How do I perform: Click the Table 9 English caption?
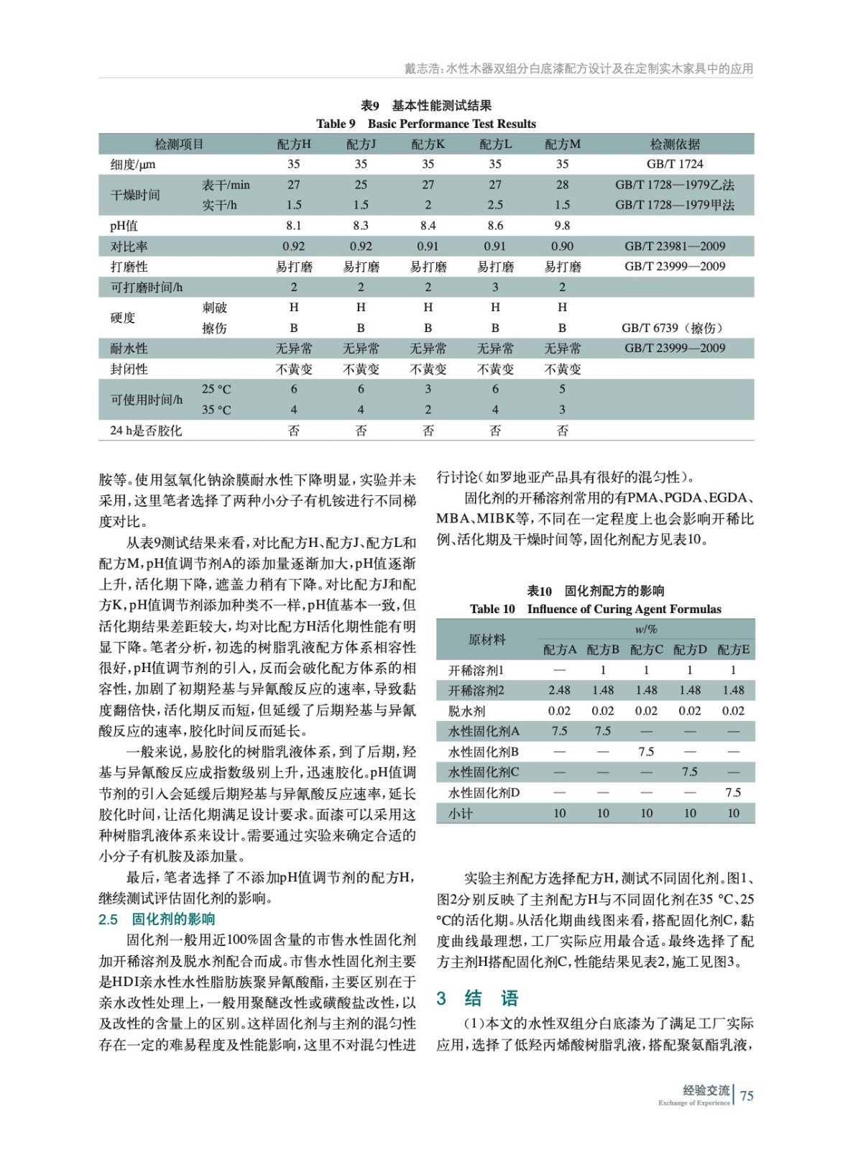pyautogui.click(x=426, y=124)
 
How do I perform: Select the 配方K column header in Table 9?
pyautogui.click(x=428, y=144)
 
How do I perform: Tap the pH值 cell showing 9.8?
pyautogui.click(x=562, y=226)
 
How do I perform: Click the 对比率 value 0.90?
pyautogui.click(x=562, y=247)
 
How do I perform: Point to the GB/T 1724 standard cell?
pyautogui.click(x=675, y=165)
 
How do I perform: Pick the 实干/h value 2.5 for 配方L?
pyautogui.click(x=495, y=206)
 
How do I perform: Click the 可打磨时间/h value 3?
pyautogui.click(x=495, y=287)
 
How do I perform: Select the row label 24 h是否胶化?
pyautogui.click(x=146, y=431)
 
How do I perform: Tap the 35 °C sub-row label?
pyautogui.click(x=216, y=410)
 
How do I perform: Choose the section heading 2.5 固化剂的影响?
pyautogui.click(x=157, y=919)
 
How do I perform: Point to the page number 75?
pyautogui.click(x=747, y=1095)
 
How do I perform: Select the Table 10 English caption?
pyautogui.click(x=595, y=609)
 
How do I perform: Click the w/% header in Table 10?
pyautogui.click(x=646, y=630)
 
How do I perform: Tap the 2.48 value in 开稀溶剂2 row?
pyautogui.click(x=559, y=691)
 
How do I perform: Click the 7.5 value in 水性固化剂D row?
pyautogui.click(x=733, y=793)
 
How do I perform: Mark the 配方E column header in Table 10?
pyautogui.click(x=733, y=650)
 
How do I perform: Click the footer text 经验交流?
pyautogui.click(x=706, y=1090)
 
